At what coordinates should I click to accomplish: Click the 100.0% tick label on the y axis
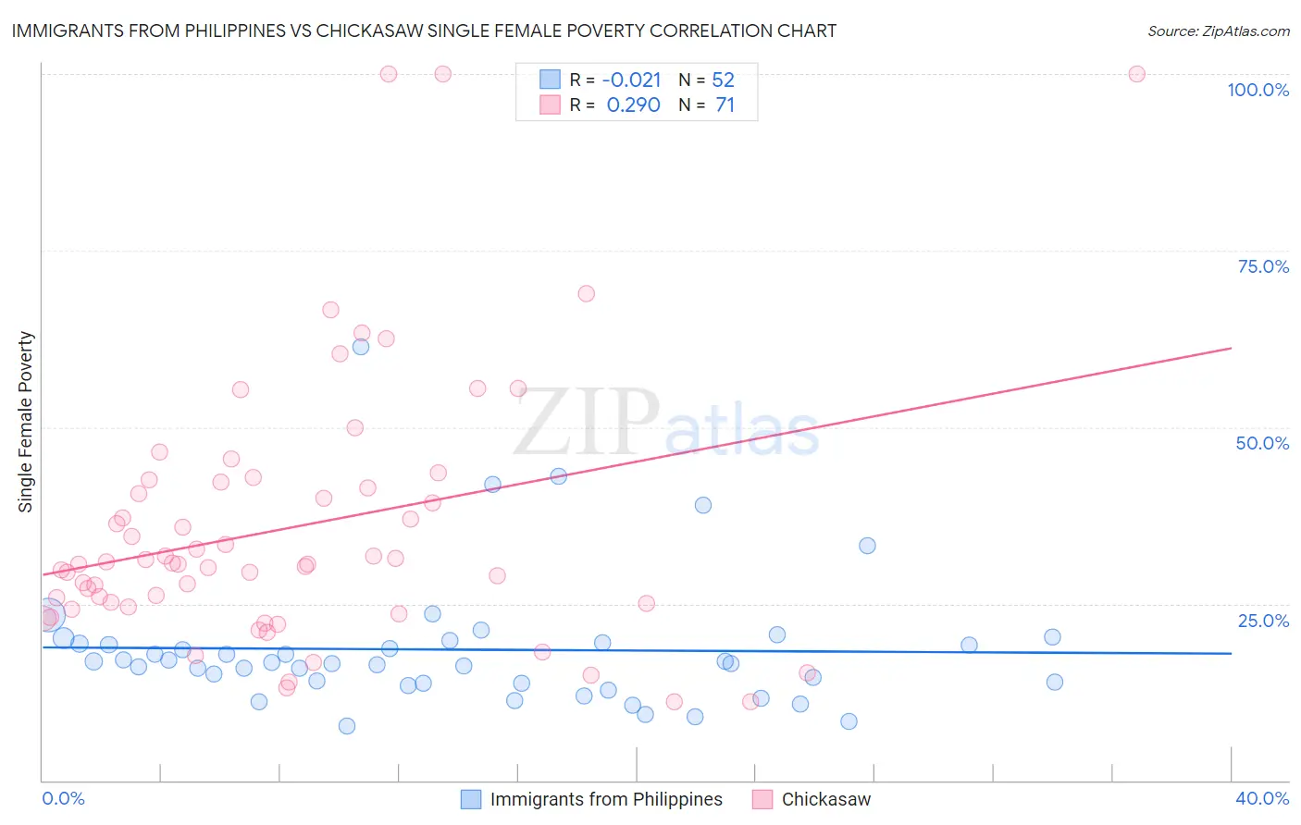(1258, 90)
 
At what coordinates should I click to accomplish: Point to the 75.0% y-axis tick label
(1263, 266)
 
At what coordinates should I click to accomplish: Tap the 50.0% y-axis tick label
(1262, 443)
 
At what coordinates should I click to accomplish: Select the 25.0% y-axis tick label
(1263, 620)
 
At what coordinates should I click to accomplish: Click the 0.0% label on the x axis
(63, 798)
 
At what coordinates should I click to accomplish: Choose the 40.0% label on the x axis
(1262, 798)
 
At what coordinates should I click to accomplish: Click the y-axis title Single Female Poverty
(26, 422)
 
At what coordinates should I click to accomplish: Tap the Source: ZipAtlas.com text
(1218, 31)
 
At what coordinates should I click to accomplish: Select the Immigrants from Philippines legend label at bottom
(606, 799)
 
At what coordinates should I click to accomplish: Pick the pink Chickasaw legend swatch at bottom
(762, 799)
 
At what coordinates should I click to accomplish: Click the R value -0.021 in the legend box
(632, 80)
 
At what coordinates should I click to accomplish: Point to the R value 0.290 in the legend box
(633, 105)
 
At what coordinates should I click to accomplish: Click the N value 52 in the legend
(723, 80)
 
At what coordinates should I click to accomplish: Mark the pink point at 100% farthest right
(1137, 74)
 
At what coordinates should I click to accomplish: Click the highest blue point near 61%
(361, 347)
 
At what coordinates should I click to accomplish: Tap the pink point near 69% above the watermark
(586, 293)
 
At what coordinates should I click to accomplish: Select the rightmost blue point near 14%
(1054, 682)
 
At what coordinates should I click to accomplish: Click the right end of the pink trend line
(1231, 348)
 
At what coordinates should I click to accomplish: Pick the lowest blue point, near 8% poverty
(347, 726)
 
